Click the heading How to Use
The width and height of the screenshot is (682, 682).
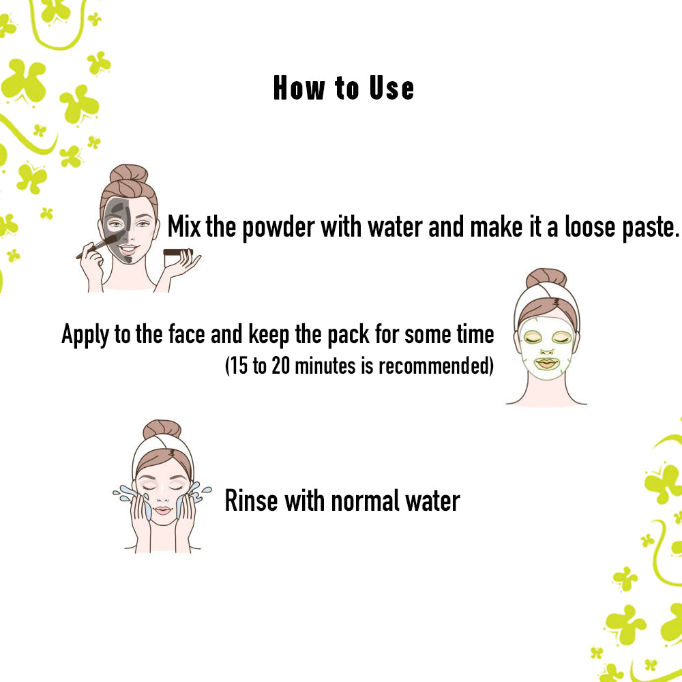(x=343, y=89)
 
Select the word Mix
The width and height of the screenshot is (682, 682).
(x=184, y=227)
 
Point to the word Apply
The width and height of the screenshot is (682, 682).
(x=87, y=335)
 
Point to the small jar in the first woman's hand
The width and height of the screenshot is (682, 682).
(x=179, y=252)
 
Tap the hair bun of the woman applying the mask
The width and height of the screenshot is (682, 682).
(x=128, y=175)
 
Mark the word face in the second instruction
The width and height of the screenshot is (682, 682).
(x=188, y=335)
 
